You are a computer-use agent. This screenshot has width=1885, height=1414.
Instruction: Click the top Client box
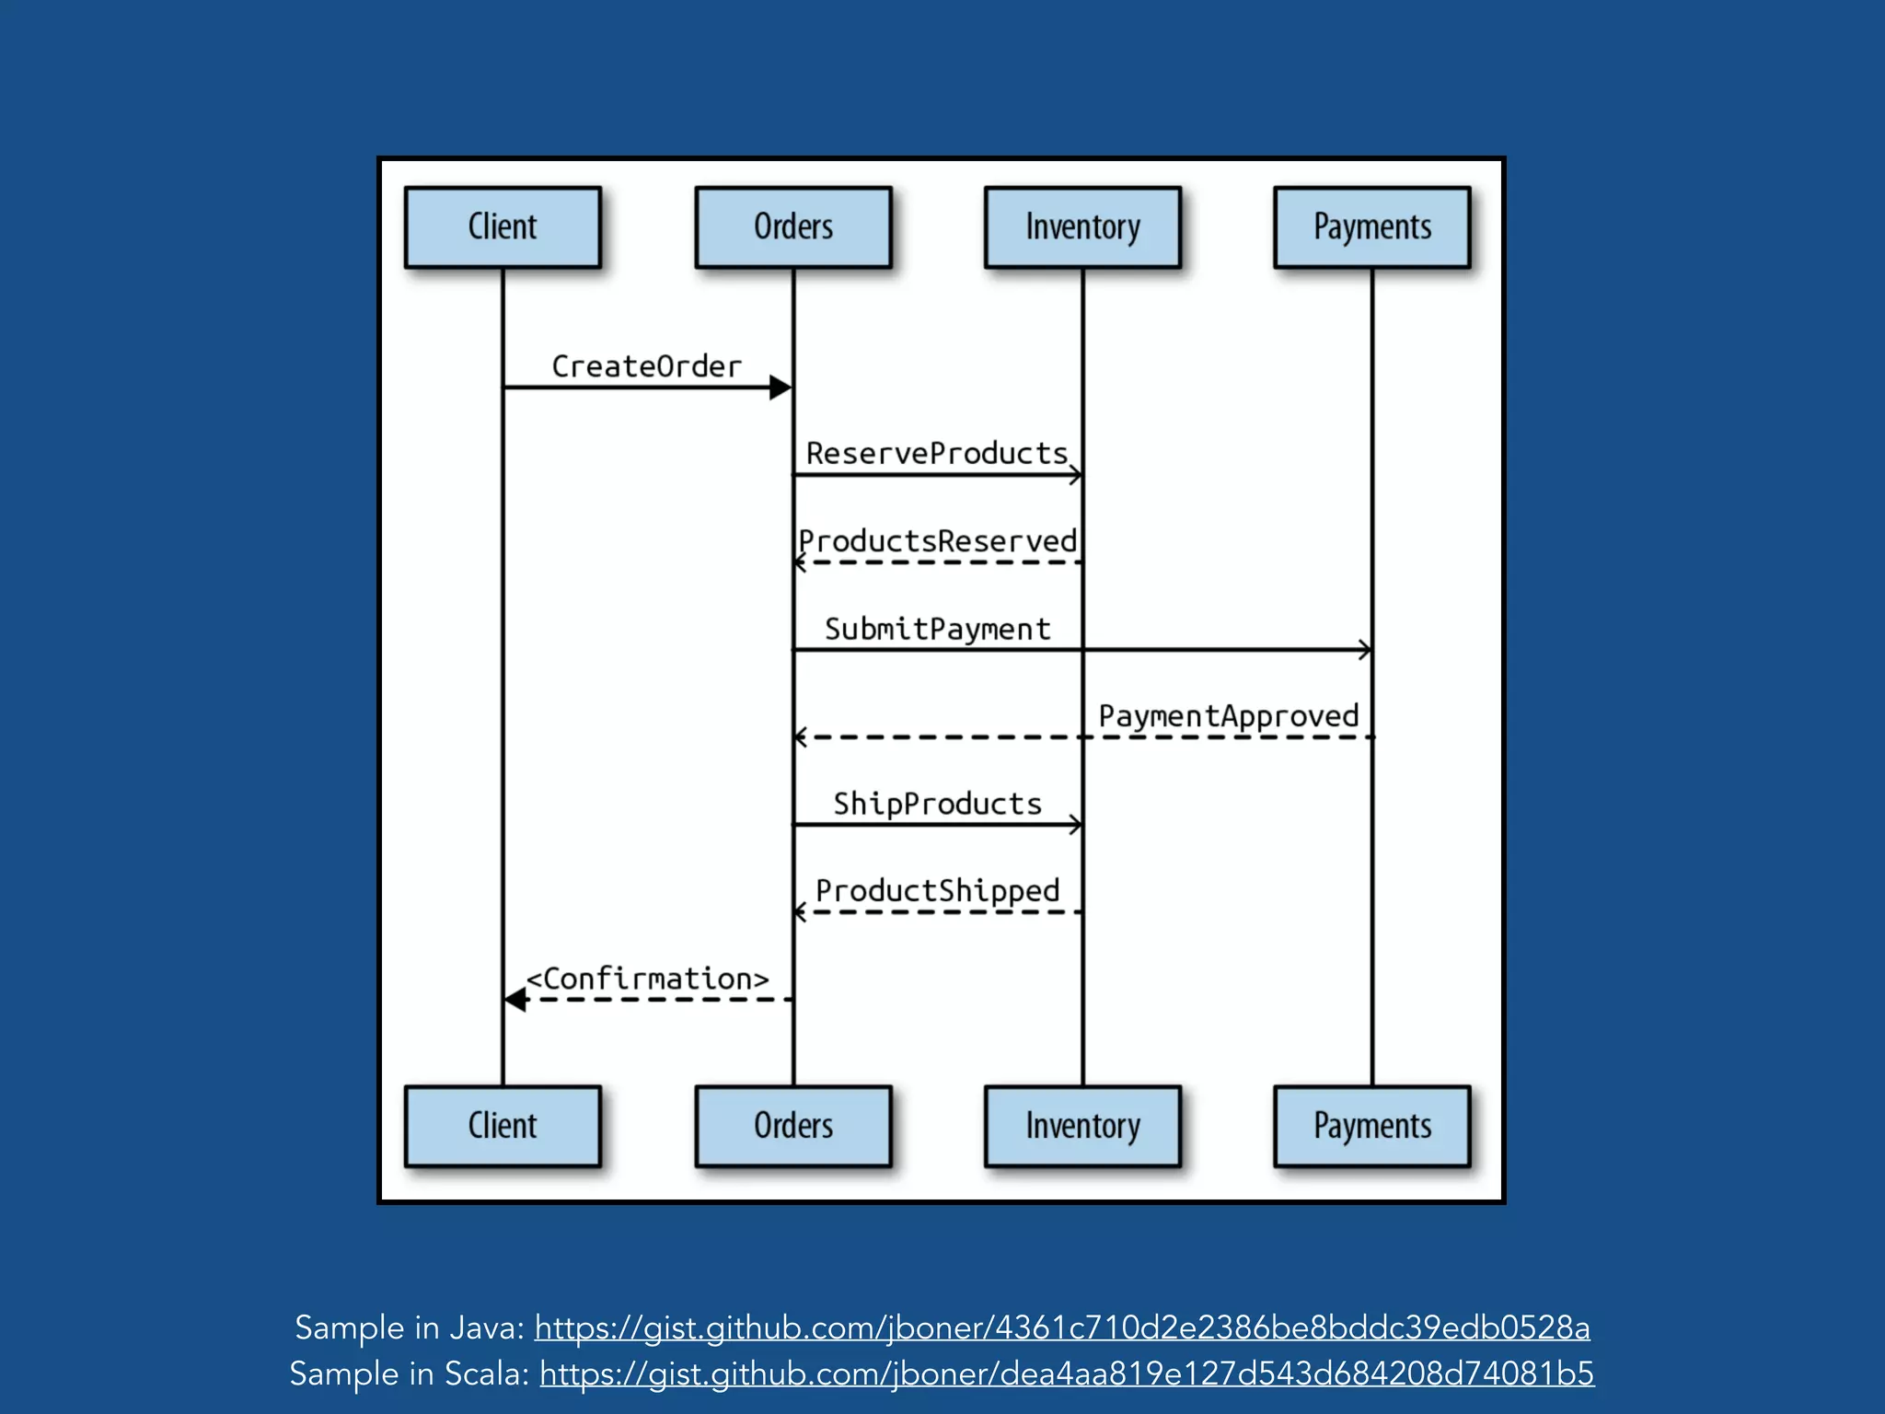(x=503, y=227)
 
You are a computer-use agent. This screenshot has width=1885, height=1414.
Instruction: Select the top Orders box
(x=793, y=227)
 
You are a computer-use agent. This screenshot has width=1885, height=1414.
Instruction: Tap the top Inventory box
(x=1082, y=227)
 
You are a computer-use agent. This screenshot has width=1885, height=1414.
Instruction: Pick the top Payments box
(x=1372, y=227)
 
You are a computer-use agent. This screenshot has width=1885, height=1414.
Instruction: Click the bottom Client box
(x=503, y=1126)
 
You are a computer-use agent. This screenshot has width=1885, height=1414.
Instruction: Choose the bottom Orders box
(x=793, y=1126)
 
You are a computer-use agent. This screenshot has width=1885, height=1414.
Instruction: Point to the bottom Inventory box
(x=1082, y=1126)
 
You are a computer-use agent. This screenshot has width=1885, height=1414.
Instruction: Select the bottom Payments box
(x=1372, y=1126)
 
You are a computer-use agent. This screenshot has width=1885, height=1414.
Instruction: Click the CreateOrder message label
(x=646, y=366)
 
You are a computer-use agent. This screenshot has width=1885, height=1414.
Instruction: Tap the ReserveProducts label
(x=937, y=453)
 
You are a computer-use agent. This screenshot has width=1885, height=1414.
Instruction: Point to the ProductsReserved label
(x=937, y=540)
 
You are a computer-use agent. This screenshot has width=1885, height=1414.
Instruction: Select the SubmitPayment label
(x=937, y=629)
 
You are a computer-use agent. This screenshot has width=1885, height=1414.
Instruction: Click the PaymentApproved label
(x=1228, y=716)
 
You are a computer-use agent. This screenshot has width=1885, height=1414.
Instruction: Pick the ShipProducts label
(x=937, y=804)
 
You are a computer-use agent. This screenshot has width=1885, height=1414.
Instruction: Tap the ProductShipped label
(x=937, y=891)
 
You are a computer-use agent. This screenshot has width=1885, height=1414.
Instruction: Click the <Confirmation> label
(x=647, y=979)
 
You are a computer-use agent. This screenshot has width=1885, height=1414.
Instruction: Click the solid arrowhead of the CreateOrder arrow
(x=781, y=388)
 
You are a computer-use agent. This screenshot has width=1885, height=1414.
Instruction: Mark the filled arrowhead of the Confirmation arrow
(x=515, y=1000)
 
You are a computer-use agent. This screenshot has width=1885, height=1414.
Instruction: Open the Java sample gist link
(x=1062, y=1327)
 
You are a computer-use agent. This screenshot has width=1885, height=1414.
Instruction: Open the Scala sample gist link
(x=1066, y=1373)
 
